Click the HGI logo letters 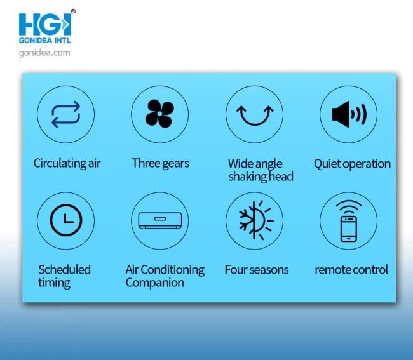coord(44,25)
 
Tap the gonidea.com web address coord(44,53)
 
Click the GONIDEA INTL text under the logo coord(44,41)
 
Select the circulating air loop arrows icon coord(66,114)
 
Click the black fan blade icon coord(159,114)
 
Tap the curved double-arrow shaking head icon coord(255,115)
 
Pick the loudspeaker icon coord(349,114)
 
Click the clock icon coord(66,220)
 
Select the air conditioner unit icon coord(160,220)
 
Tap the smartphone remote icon coord(349,221)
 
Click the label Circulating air coord(67,163)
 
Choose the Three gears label coord(160,163)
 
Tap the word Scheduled coord(65,269)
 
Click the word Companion coord(155,283)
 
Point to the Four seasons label coord(257,270)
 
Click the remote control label coord(351,270)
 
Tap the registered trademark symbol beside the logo coord(73,11)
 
